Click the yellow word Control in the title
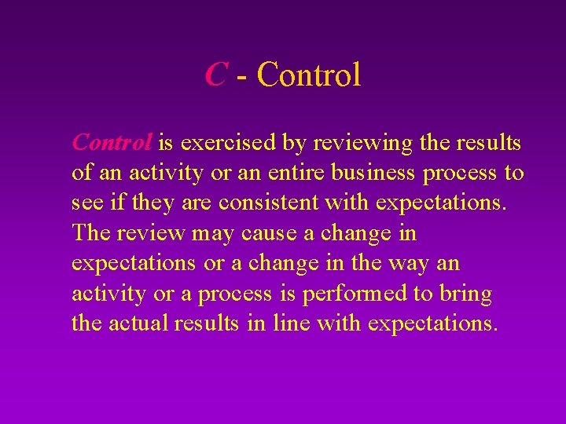(309, 75)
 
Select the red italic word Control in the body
(112, 143)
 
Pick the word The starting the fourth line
(90, 233)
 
